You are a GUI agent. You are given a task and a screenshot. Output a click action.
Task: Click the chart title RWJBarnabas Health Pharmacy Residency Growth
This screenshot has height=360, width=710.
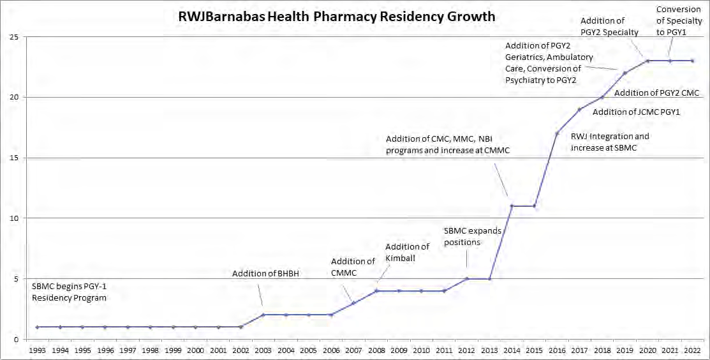(x=336, y=17)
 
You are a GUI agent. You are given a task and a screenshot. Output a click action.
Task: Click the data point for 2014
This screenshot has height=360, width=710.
(x=512, y=206)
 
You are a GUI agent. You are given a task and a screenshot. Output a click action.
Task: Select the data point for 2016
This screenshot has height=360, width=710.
(x=557, y=133)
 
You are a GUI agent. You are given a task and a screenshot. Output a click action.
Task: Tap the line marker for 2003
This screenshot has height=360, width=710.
(x=263, y=315)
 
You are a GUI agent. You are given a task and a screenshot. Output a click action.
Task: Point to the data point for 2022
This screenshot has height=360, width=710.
(x=693, y=61)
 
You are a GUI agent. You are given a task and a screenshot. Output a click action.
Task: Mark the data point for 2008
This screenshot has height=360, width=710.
(x=376, y=291)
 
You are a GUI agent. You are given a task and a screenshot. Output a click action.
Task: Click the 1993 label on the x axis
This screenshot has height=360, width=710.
(x=37, y=350)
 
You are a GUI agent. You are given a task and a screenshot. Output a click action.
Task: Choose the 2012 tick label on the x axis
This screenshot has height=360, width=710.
(x=466, y=350)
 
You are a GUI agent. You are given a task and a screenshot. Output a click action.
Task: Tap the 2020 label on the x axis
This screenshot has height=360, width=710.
(x=647, y=350)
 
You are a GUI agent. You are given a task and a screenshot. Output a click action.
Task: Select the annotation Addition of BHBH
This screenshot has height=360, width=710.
(x=265, y=274)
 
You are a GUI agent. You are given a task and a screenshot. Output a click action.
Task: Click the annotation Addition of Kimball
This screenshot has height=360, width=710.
(x=407, y=252)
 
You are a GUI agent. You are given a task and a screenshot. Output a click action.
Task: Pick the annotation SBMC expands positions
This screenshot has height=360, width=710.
(x=473, y=236)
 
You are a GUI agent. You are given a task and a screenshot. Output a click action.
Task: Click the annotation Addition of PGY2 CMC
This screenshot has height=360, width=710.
(x=656, y=93)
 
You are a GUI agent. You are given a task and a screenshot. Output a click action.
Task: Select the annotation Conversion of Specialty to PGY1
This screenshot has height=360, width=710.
(x=680, y=20)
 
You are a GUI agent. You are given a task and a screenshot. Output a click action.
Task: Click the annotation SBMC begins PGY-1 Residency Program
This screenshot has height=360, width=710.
(x=68, y=292)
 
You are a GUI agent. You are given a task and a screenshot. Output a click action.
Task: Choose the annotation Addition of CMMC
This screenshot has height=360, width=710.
(x=353, y=267)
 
